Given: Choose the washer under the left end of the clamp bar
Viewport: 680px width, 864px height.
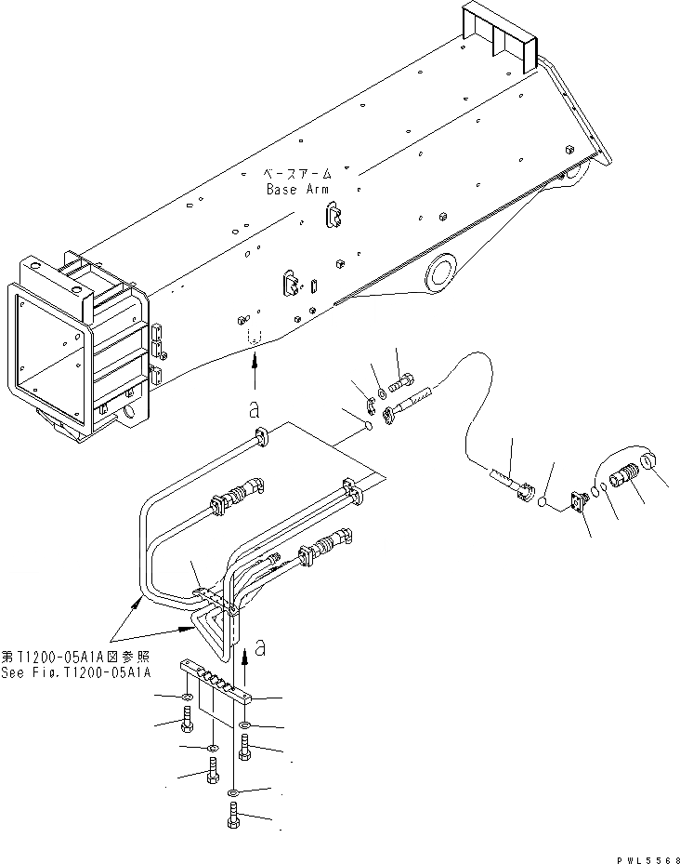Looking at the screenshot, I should (187, 698).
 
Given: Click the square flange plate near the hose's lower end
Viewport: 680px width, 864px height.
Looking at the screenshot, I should (577, 501).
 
